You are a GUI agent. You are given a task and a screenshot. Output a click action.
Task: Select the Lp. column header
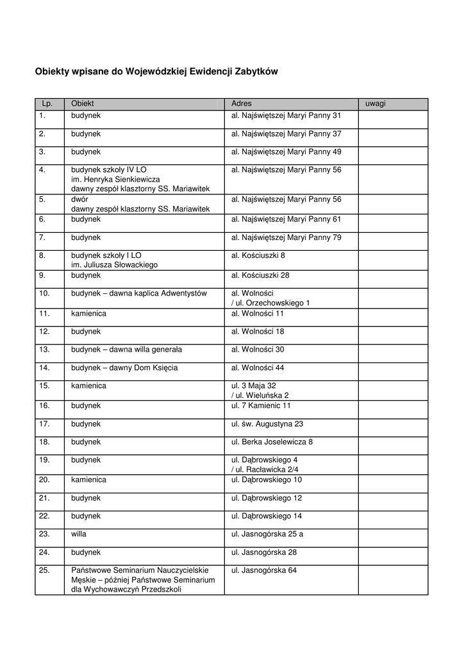[x=48, y=103]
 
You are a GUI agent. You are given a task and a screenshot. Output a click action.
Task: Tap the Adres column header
[x=242, y=103]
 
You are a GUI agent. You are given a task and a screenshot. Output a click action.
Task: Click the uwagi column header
[x=376, y=103]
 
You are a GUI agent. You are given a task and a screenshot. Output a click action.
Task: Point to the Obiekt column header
[x=83, y=103]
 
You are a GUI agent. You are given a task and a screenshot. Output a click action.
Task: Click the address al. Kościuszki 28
[x=259, y=275]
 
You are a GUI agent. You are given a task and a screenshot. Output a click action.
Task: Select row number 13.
[x=44, y=349]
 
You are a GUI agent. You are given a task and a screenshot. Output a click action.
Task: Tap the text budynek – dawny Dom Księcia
[x=124, y=368]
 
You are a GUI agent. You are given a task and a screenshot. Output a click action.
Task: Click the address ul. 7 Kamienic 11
[x=261, y=405]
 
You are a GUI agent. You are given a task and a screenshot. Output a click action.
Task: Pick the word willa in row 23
[x=79, y=533]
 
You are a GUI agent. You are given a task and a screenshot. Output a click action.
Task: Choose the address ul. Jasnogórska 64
[x=264, y=570]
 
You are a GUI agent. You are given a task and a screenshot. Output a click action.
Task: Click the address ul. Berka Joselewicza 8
[x=272, y=442]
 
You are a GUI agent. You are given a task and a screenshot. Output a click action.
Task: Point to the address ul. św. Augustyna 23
[x=267, y=423]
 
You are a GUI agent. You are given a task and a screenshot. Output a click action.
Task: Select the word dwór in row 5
[x=79, y=199]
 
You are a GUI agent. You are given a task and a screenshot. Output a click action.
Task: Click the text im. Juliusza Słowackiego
[x=114, y=264]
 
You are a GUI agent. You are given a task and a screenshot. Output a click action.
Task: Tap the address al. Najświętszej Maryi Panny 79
[x=286, y=237]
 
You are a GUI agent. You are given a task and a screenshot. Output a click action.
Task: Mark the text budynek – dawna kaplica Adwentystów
[x=139, y=293]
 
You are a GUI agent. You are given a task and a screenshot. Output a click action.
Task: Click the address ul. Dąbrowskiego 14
[x=267, y=515]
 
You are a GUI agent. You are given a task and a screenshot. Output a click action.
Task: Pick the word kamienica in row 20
[x=88, y=479]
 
